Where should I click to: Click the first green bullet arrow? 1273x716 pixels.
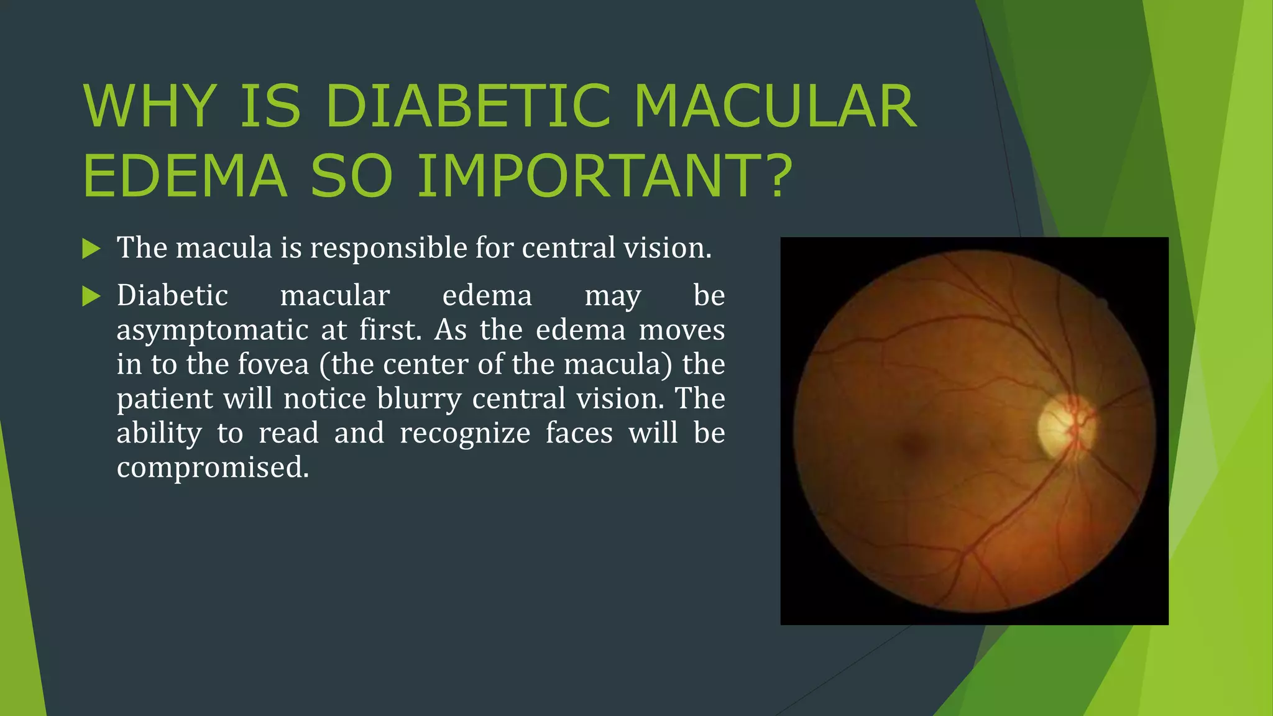pyautogui.click(x=91, y=249)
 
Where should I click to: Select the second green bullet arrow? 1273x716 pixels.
pyautogui.click(x=91, y=296)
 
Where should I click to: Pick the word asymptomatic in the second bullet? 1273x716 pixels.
pyautogui.click(x=213, y=330)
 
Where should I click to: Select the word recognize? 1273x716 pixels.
pyautogui.click(x=465, y=433)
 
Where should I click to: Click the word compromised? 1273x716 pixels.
pyautogui.click(x=213, y=467)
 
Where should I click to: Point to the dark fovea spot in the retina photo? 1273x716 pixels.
pyautogui.click(x=912, y=443)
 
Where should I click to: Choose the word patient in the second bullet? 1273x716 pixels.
pyautogui.click(x=165, y=398)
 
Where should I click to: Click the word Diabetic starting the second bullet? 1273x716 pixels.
pyautogui.click(x=172, y=295)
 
